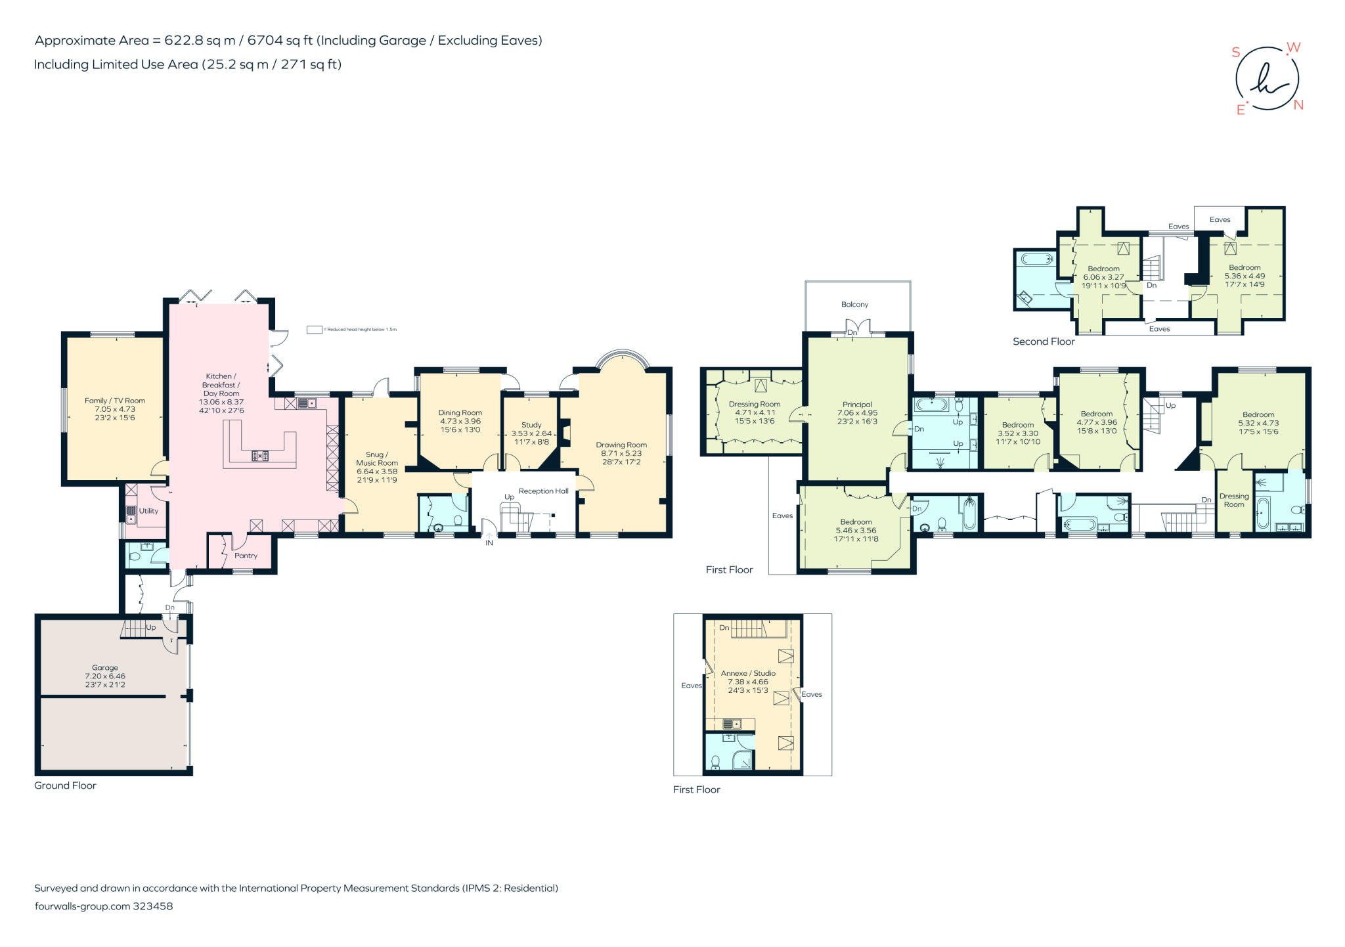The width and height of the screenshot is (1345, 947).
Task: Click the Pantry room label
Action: click(246, 556)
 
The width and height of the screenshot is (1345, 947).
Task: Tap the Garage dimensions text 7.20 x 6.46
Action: click(105, 676)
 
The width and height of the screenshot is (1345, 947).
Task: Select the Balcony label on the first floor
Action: click(854, 304)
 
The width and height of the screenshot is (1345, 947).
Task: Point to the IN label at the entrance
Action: click(489, 543)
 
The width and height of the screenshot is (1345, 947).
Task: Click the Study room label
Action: click(531, 425)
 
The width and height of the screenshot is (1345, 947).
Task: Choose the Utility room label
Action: click(148, 511)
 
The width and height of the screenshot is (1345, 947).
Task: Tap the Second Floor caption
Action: click(1044, 341)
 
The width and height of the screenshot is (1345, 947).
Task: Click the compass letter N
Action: click(1298, 105)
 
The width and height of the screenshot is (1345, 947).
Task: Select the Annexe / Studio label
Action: click(748, 673)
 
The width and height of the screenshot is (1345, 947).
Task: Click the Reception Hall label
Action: click(543, 491)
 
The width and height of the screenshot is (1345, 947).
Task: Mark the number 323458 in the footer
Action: click(153, 906)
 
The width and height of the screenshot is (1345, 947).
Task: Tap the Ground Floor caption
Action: click(65, 785)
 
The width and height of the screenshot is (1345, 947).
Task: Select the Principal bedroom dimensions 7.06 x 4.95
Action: click(857, 413)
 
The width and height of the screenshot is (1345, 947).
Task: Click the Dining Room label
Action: click(460, 413)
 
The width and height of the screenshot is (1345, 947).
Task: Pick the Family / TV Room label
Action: click(115, 401)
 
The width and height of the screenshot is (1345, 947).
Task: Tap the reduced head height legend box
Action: click(315, 330)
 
